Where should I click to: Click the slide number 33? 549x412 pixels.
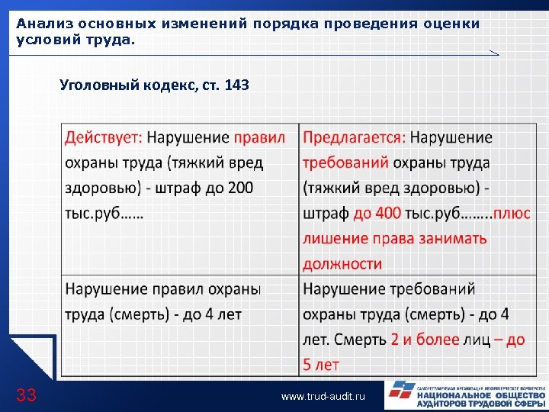pos(27,394)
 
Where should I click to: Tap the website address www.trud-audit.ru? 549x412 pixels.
pos(323,397)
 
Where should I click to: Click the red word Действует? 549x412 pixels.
pos(104,138)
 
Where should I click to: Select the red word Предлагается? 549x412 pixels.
pos(354,138)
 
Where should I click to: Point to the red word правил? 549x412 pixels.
pos(259,138)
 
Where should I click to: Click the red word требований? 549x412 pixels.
pos(345,163)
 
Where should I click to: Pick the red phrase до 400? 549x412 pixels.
pos(377,214)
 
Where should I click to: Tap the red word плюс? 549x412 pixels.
pos(511,214)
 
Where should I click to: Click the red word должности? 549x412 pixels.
pos(342,264)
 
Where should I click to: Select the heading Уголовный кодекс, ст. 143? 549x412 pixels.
pos(154,85)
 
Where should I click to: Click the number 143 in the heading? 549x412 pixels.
pos(236,85)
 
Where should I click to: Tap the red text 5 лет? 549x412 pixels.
pos(320,365)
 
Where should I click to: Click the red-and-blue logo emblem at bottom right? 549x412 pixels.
pos(400,394)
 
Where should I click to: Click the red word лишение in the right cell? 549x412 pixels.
pos(334,239)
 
